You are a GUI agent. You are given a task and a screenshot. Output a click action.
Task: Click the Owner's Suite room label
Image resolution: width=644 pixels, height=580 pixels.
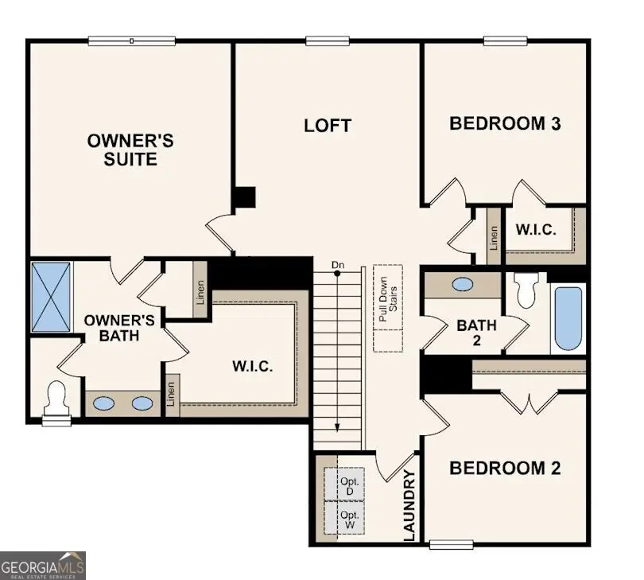tap(130, 150)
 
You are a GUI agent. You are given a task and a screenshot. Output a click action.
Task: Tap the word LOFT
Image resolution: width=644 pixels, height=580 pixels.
tap(327, 126)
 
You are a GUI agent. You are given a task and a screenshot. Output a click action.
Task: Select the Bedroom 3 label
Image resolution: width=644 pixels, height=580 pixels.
tap(505, 123)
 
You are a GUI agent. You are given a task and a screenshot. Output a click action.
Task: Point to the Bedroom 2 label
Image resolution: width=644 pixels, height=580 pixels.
tap(505, 468)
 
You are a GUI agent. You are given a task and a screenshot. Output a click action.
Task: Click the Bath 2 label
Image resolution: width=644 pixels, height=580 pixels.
tap(476, 333)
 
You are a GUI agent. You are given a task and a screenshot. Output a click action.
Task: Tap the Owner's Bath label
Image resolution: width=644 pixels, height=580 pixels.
tap(112, 328)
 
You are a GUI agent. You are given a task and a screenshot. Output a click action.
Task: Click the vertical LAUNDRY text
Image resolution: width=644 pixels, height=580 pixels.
tap(409, 506)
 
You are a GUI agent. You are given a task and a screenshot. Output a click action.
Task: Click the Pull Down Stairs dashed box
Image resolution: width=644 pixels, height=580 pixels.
tap(388, 308)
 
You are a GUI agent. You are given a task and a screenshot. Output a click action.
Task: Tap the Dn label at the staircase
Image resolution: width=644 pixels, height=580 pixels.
tap(338, 264)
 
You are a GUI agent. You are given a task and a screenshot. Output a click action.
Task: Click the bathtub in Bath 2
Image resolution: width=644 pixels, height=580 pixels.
tap(568, 318)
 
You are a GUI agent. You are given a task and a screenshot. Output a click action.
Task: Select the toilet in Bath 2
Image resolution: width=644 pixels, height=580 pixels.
tap(526, 290)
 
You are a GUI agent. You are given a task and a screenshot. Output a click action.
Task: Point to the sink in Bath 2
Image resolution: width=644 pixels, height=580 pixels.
tap(462, 284)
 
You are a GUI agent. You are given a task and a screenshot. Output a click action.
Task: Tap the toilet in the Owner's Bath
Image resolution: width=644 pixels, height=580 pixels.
tap(56, 398)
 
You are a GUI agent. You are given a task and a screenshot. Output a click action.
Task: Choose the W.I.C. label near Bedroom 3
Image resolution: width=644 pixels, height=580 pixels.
tap(536, 229)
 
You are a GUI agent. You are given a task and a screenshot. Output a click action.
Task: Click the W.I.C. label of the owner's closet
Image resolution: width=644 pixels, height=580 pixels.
tap(252, 367)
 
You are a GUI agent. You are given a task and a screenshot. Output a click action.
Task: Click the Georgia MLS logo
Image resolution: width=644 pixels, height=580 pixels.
tap(43, 565)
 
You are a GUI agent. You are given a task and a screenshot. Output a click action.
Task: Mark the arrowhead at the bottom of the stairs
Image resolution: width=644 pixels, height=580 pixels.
tap(338, 426)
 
